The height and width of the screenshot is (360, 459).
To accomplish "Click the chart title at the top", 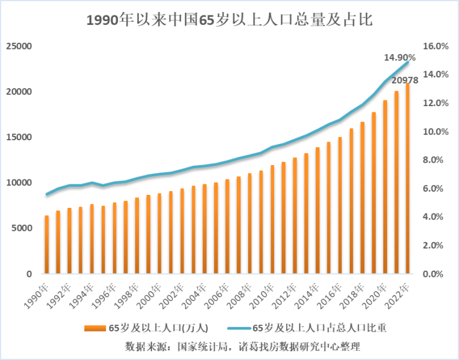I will pyautogui.click(x=229, y=20).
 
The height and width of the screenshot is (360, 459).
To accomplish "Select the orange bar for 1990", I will pyautogui.click(x=47, y=245).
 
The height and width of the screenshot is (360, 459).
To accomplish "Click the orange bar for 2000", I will pyautogui.click(x=159, y=233).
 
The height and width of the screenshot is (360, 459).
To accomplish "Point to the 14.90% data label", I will pyautogui.click(x=399, y=57).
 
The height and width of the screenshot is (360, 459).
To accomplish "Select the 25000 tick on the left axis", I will pyautogui.click(x=19, y=47).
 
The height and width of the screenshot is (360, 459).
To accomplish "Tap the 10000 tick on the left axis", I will pyautogui.click(x=19, y=183).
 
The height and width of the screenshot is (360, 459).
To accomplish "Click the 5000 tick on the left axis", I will pyautogui.click(x=21, y=228).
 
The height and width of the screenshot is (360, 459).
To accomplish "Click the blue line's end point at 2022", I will pyautogui.click(x=408, y=62).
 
